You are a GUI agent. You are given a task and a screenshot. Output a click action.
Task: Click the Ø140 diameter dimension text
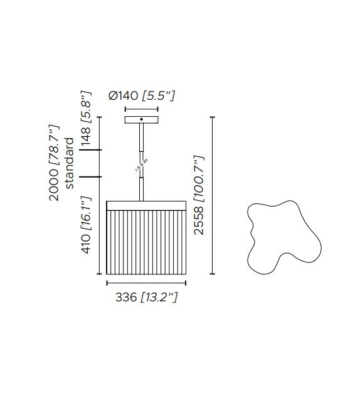click(124, 96)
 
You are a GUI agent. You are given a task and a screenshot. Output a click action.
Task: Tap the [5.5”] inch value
click(159, 96)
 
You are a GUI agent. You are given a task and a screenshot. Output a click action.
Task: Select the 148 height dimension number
click(86, 136)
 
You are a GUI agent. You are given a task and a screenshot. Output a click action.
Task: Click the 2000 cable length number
click(54, 185)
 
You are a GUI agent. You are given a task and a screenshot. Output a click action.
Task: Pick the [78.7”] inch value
click(55, 146)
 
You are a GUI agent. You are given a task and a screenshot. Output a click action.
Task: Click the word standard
click(70, 163)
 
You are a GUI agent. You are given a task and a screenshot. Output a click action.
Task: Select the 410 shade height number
click(86, 244)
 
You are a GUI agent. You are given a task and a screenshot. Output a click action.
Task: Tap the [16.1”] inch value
click(87, 213)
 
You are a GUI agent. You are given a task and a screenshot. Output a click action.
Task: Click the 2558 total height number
click(199, 221)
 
